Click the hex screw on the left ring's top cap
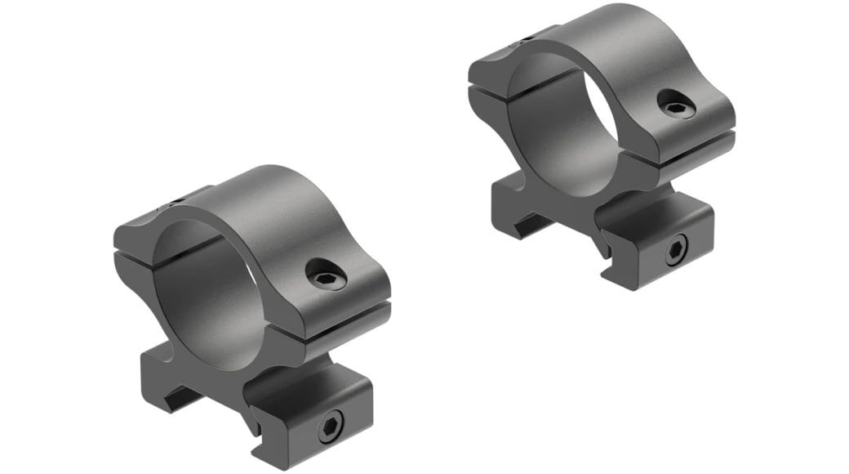click(326, 278)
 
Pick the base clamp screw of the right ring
click(675, 251)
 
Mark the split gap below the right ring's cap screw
click(694, 141)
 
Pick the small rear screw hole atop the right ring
click(531, 38)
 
